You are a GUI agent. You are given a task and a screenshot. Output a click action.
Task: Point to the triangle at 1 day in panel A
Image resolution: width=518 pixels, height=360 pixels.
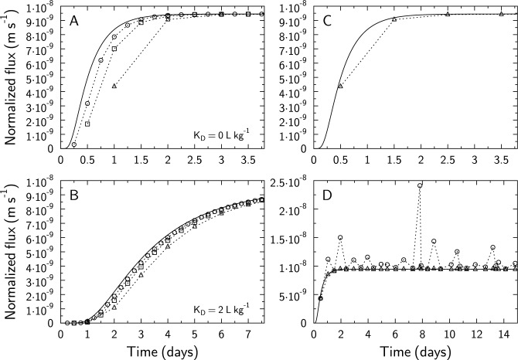114,85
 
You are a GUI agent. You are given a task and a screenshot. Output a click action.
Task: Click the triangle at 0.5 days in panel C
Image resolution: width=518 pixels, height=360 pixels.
340,85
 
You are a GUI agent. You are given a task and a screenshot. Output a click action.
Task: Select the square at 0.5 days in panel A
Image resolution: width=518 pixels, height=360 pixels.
87,124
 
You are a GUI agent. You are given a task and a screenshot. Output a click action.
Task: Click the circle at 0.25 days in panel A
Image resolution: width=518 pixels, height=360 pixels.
74,144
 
